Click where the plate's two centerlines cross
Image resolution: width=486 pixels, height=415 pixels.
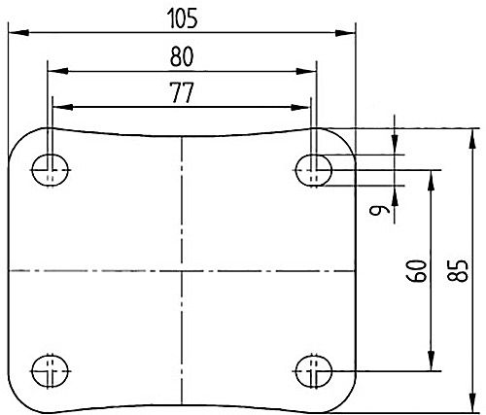tap(181, 270)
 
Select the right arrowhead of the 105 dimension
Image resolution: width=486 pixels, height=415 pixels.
tap(349, 33)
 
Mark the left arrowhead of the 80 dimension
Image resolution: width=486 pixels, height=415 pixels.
tap(52, 70)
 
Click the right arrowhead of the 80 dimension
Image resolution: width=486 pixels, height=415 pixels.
tap(311, 70)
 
